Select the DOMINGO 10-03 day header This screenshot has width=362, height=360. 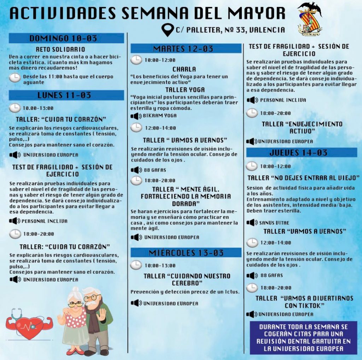tap(66, 38)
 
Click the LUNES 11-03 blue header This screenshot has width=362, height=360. tap(66, 95)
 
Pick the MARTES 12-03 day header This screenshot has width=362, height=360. tap(186, 48)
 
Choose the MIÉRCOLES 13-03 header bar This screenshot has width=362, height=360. tap(186, 252)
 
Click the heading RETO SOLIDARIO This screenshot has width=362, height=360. tap(60, 50)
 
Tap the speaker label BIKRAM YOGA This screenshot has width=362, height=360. tap(160, 116)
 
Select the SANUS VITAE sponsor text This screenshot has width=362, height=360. tap(274, 223)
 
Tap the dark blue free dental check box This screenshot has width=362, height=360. tap(303, 337)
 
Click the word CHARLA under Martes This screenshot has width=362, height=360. tap(184, 69)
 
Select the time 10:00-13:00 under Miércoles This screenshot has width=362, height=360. tap(160, 266)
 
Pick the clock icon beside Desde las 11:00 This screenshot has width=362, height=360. tap(15, 78)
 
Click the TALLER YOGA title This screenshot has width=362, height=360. tap(185, 90)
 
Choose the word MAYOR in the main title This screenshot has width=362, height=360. tap(257, 13)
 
